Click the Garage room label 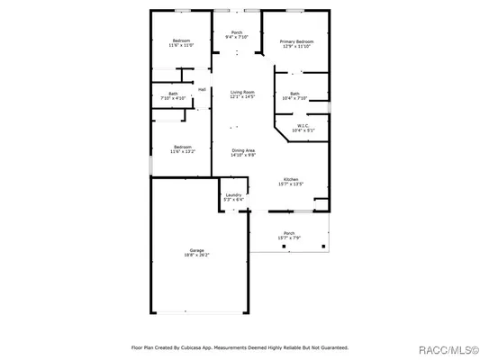(x=196, y=249)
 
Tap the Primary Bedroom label (x=296, y=41)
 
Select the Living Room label (x=241, y=92)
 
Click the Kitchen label (x=291, y=179)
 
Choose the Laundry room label (x=232, y=194)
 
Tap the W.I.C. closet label (x=303, y=126)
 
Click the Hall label (x=202, y=89)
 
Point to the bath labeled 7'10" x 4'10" (x=173, y=95)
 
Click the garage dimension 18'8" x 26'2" (x=196, y=255)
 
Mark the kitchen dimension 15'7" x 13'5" (x=291, y=184)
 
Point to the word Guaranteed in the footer (x=328, y=346)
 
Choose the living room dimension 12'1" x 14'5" (x=241, y=97)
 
